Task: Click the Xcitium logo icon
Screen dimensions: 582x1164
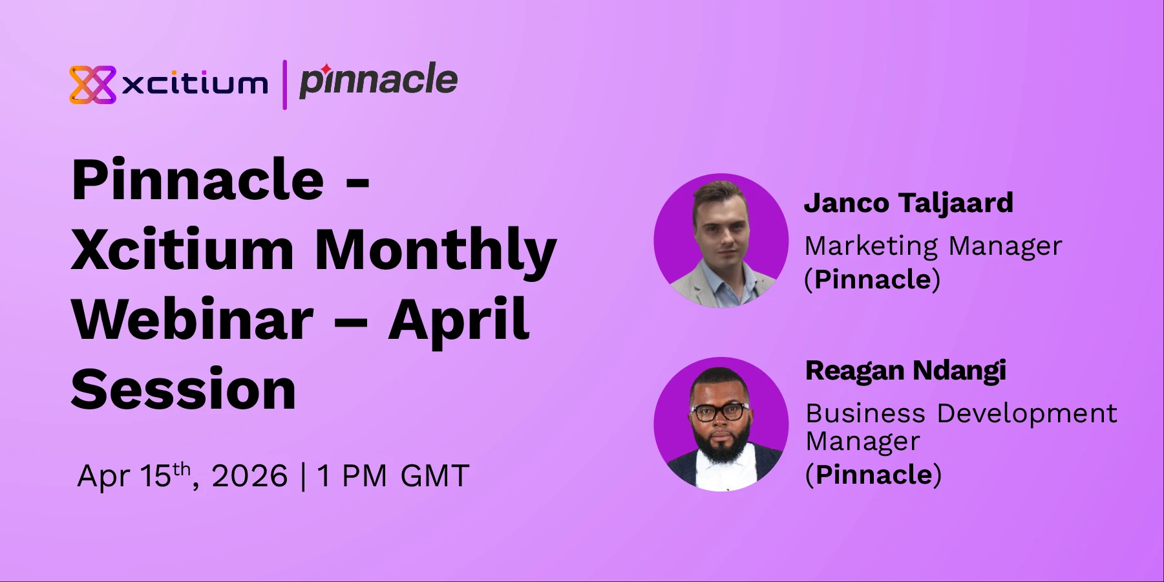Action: [92, 85]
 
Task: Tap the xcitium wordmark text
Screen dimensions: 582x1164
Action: [195, 84]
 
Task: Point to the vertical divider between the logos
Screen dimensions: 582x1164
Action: [284, 85]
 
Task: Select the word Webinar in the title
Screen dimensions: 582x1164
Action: [192, 320]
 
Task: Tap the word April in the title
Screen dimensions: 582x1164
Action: [459, 320]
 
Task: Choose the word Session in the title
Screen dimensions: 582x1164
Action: [184, 390]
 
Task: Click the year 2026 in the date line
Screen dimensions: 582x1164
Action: [249, 477]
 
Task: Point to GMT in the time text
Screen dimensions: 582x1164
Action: [434, 477]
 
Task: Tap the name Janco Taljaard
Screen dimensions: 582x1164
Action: [908, 203]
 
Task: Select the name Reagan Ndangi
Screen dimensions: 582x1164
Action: [905, 371]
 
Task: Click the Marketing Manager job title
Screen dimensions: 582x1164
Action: [933, 246]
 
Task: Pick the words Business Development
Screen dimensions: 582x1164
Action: [961, 413]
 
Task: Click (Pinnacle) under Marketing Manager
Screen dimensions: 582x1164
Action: [872, 279]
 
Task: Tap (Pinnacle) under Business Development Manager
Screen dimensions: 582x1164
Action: [873, 475]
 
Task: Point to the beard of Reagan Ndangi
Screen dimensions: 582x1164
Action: [720, 446]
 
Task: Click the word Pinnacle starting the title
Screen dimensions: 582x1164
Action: [198, 180]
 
